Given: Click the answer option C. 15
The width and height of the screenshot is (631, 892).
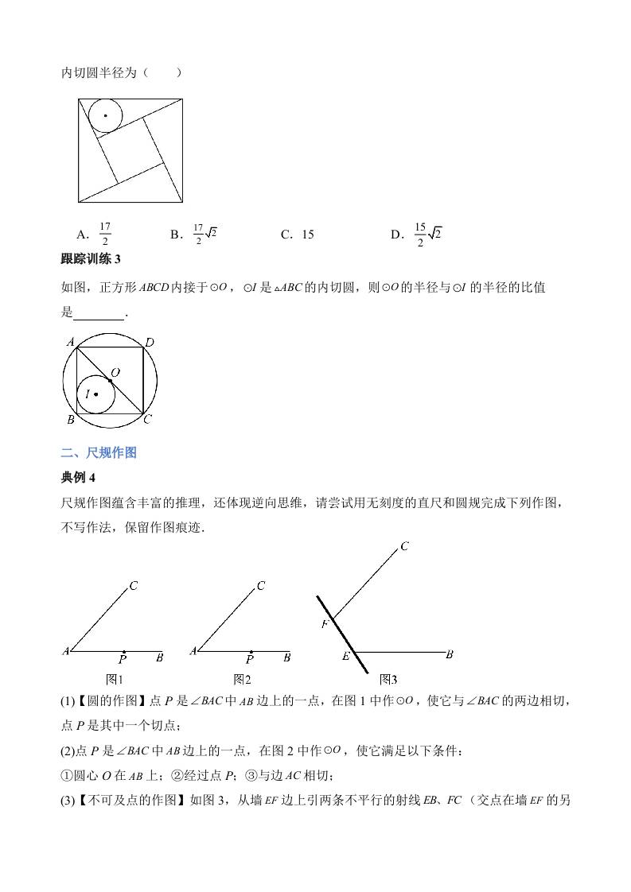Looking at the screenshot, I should pos(297,235).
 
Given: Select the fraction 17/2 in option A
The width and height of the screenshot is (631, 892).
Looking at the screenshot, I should pos(105,235).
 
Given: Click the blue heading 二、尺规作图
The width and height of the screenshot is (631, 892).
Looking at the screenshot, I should pos(99,452).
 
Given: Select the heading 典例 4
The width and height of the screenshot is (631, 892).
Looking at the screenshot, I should pos(78,477).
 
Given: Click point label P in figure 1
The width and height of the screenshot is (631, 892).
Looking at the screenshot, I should pos(123,659).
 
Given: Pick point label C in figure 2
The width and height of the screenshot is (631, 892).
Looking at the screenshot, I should pos(261,587).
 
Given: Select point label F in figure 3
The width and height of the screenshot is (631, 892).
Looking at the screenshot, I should pos(325,624).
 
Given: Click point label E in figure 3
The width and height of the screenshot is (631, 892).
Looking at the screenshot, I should pos(346,656).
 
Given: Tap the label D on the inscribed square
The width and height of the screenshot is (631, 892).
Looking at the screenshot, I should pos(149,343).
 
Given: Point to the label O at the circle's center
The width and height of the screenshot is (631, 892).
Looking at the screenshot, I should pos(115,372).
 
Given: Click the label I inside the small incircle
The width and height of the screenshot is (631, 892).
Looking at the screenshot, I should pos(87,394).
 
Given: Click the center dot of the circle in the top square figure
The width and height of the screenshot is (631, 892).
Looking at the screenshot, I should pos(105,116).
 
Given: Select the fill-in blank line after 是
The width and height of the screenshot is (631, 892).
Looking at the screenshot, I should pos(99,313).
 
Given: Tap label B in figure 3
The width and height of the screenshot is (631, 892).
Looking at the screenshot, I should pos(450,654).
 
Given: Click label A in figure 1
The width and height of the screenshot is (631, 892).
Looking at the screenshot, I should pos(65,651).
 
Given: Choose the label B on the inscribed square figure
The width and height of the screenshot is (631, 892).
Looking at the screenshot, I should pos(70,419).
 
